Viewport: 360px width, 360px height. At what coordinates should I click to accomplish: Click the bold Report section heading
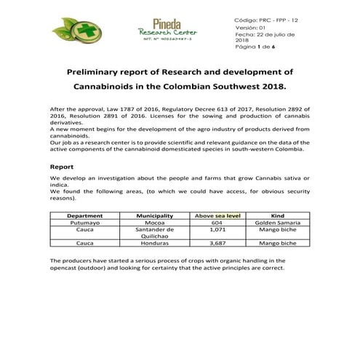62,167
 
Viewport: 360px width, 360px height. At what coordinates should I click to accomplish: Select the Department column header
84,216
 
